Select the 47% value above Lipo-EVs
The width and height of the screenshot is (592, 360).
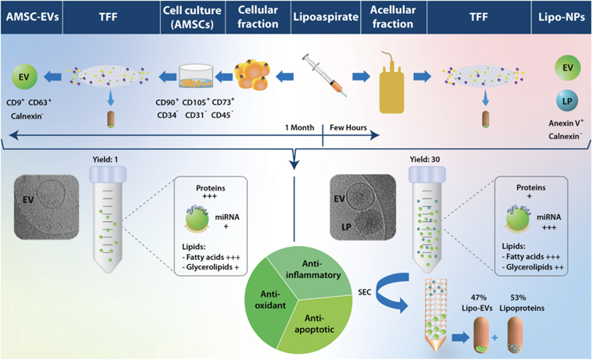(479, 298)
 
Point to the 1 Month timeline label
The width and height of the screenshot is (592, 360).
(300, 127)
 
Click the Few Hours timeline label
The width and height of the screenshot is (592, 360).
(349, 127)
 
